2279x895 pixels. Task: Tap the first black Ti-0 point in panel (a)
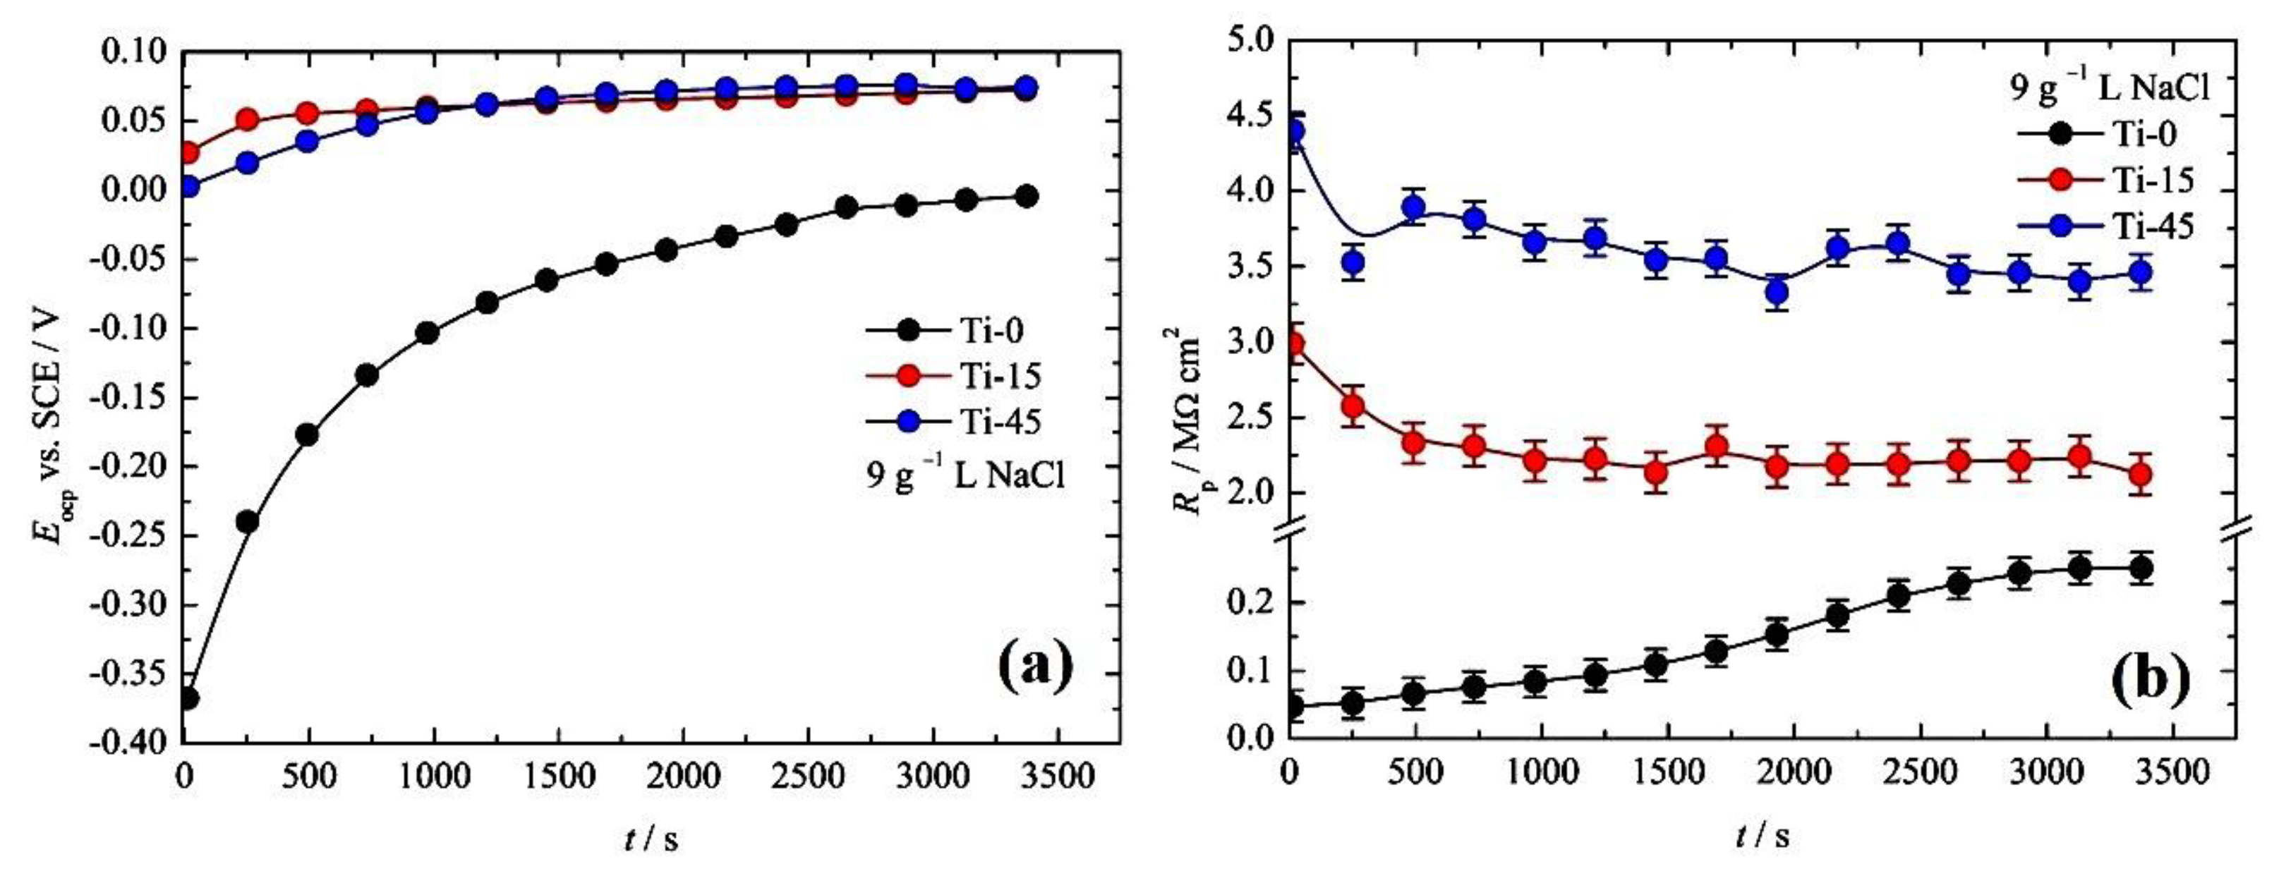click(188, 699)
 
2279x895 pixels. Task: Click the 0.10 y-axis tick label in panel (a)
click(136, 51)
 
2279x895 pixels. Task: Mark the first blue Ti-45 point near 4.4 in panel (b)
click(1293, 133)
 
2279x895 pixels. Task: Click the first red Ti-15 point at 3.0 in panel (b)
click(1293, 344)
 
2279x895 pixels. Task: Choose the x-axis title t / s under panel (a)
click(651, 839)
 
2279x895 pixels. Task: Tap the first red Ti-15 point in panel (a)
click(188, 153)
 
